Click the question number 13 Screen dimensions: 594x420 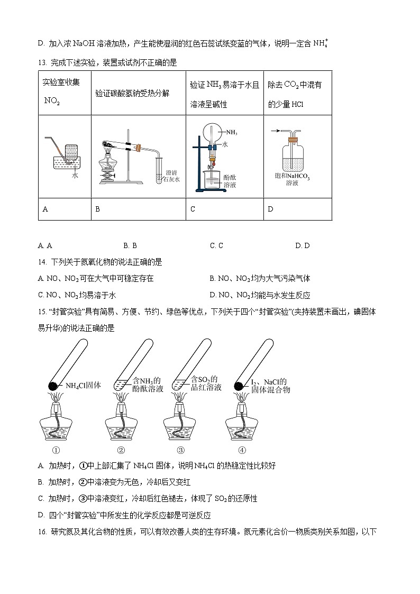click(42, 63)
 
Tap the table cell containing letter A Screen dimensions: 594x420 click(65, 209)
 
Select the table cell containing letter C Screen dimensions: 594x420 click(224, 209)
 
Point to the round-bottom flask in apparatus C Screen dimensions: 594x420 click(210, 133)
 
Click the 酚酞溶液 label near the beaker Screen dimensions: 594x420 click(230, 181)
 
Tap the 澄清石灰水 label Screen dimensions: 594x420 click(172, 176)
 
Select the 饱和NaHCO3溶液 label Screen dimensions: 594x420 click(292, 179)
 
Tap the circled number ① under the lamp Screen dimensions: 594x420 click(56, 451)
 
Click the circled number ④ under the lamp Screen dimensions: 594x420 click(242, 451)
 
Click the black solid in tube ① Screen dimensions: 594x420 click(53, 386)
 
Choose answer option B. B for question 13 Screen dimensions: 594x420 click(130, 245)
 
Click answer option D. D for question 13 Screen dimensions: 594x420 click(302, 245)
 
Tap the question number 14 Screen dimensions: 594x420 click(42, 262)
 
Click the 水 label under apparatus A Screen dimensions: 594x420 click(75, 176)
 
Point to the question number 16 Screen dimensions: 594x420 click(42, 532)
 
